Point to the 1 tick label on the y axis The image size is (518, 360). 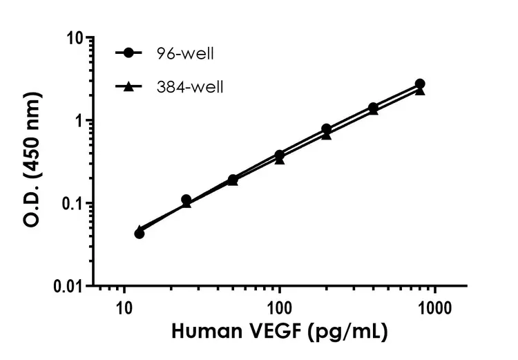coord(81,120)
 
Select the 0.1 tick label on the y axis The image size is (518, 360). coord(73,203)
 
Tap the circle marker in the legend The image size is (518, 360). coord(128,53)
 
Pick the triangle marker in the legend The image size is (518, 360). coord(128,86)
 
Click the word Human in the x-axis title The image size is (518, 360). coord(201,332)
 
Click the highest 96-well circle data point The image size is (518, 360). coord(420,84)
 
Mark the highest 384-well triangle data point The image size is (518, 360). coord(420,91)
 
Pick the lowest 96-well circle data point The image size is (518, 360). coord(140,234)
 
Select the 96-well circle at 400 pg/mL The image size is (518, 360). coord(373,108)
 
